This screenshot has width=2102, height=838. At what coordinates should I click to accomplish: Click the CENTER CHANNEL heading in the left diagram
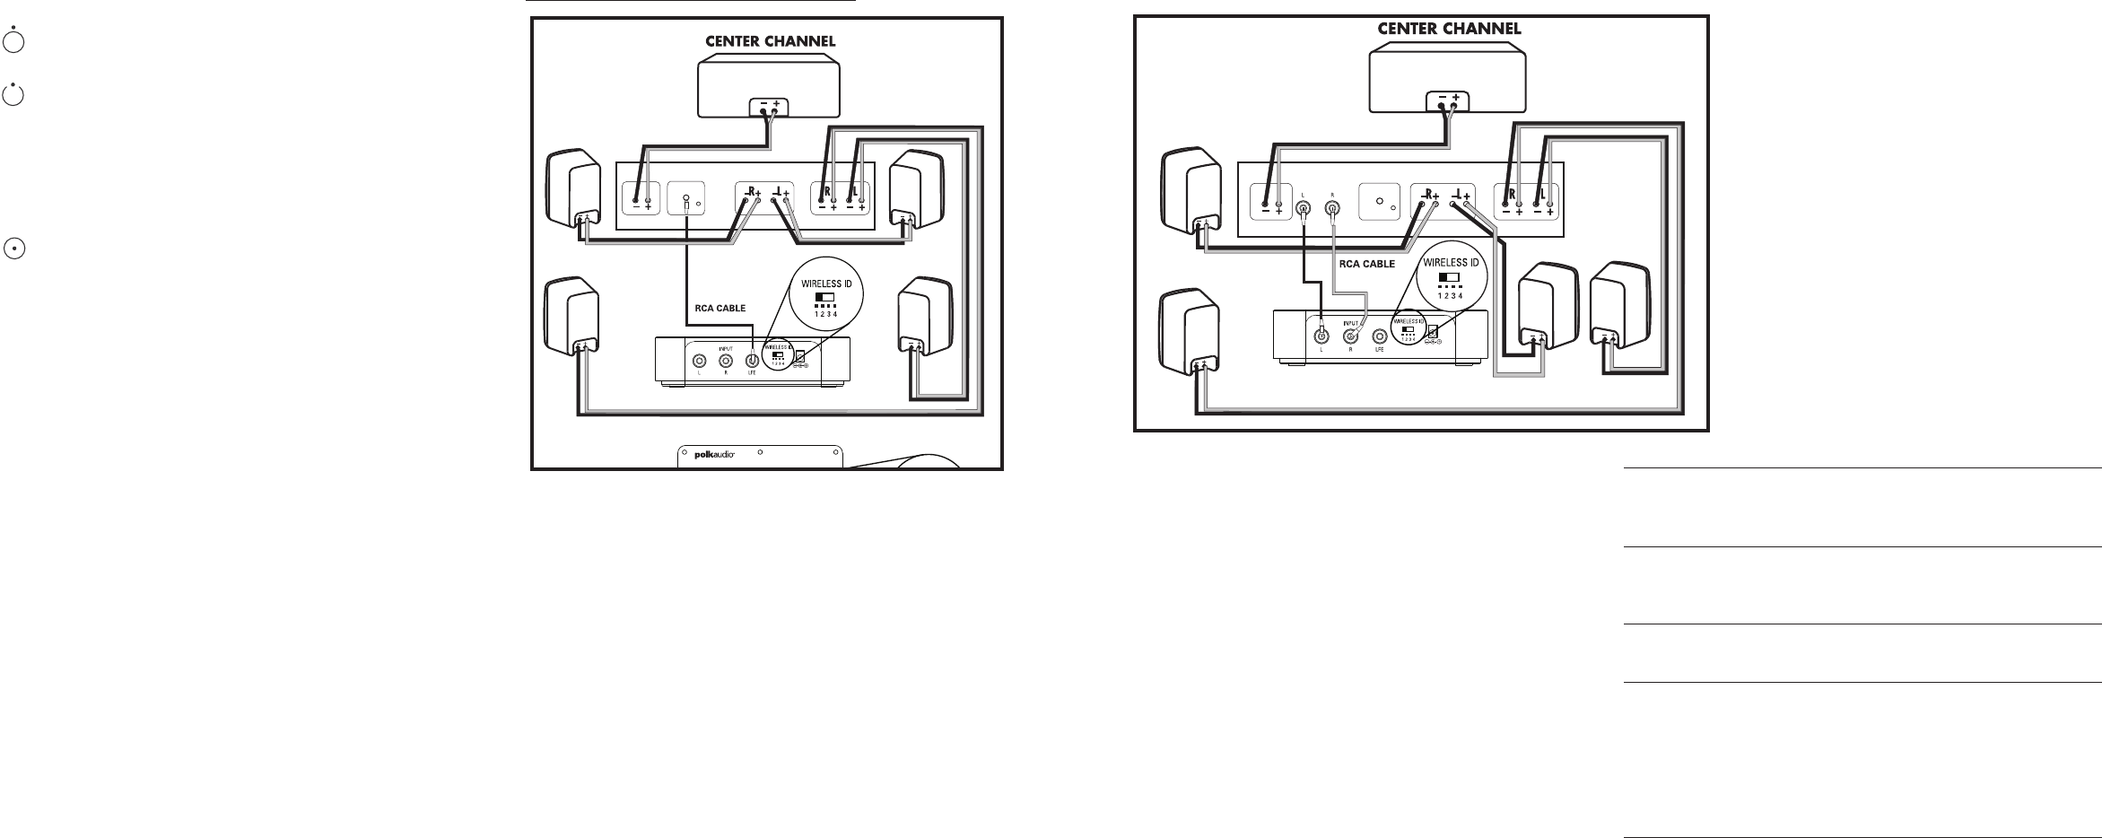tap(770, 41)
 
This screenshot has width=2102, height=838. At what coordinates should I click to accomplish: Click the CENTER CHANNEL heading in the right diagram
tap(1449, 29)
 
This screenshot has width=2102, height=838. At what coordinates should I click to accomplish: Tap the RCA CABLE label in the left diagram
tap(720, 308)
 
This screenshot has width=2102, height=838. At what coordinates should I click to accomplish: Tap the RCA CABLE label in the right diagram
tap(1366, 264)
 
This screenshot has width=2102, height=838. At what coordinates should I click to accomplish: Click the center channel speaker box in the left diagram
tap(769, 86)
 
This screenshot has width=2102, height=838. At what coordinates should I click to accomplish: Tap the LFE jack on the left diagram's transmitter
tap(753, 362)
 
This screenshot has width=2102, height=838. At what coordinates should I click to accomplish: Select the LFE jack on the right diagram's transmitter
tap(1379, 336)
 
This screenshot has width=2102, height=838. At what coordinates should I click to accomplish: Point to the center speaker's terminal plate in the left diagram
tap(768, 107)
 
